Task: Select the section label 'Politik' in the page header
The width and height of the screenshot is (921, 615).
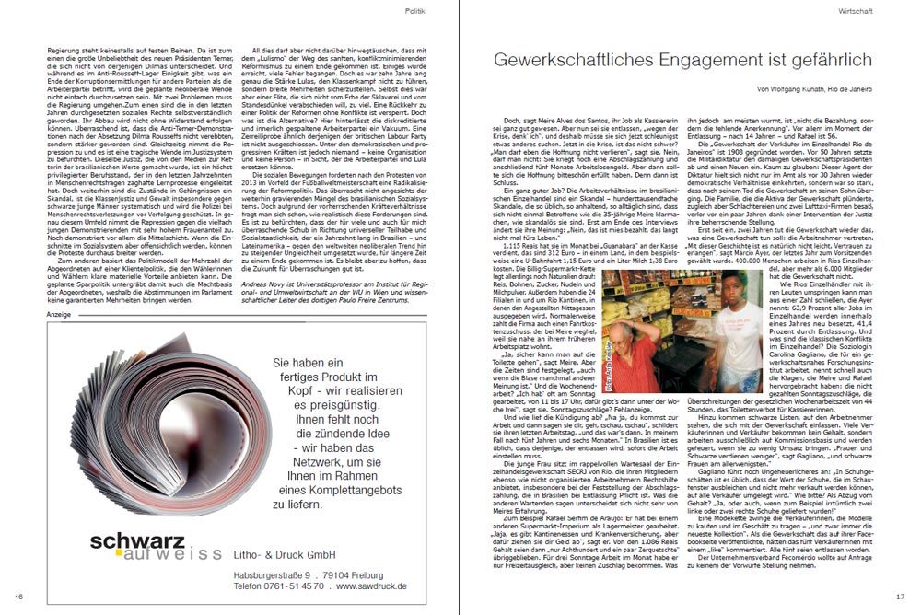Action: [x=415, y=10]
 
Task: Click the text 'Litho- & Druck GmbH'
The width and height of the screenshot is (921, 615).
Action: [x=298, y=553]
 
